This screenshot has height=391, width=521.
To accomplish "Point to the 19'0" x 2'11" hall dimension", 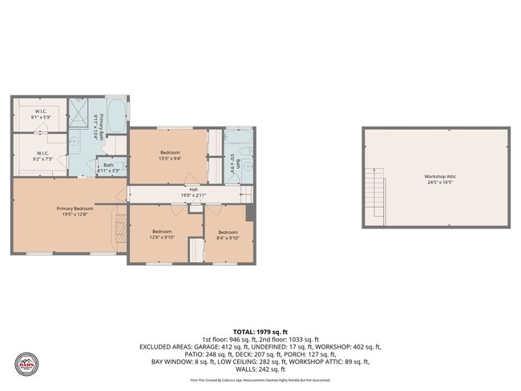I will coord(192,195).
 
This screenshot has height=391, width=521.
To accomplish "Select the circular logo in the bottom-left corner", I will coord(26,364).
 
